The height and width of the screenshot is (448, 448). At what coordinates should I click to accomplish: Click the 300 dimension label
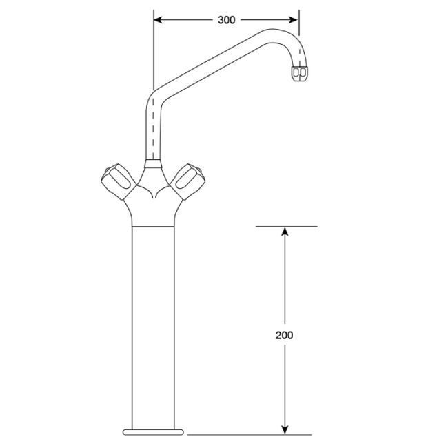click(x=226, y=20)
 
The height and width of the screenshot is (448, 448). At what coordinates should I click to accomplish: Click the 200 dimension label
click(x=284, y=335)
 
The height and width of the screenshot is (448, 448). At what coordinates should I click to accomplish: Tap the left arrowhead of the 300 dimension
click(x=158, y=20)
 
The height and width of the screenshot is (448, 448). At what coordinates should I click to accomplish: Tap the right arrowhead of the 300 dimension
click(x=294, y=20)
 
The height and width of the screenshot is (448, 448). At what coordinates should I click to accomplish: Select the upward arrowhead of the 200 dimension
click(x=284, y=231)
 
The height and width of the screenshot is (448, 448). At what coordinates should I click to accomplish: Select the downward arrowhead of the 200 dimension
click(x=284, y=430)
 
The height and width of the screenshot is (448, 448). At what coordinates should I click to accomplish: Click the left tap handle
click(x=119, y=182)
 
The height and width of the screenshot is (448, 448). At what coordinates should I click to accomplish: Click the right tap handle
click(x=188, y=182)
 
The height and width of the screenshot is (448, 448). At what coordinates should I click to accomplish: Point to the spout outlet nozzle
click(x=299, y=74)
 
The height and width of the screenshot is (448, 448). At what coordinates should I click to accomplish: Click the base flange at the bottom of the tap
click(x=153, y=432)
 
